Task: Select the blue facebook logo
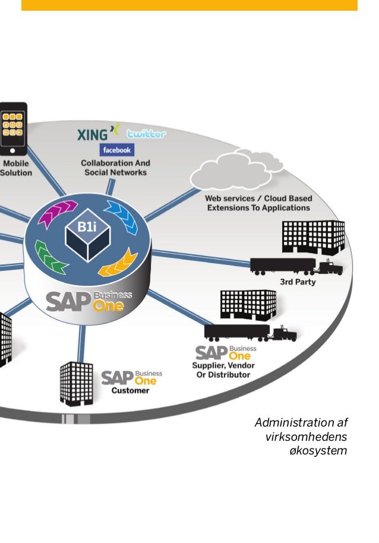coord(117,150)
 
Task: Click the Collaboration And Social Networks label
coord(115,168)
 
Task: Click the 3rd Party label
coord(298,282)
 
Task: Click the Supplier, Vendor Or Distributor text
coord(221,370)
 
